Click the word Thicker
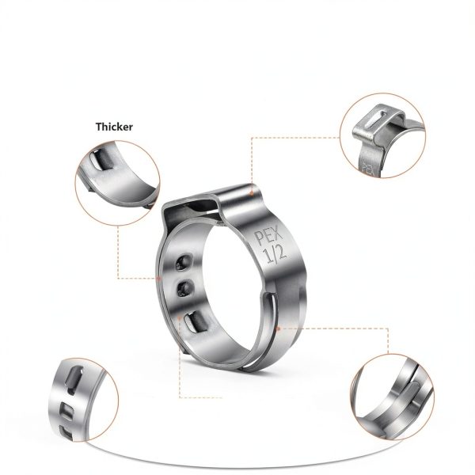coord(114,127)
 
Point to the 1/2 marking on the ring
coord(273,255)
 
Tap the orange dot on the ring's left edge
coord(159,279)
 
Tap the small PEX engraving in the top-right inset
coord(366,167)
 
